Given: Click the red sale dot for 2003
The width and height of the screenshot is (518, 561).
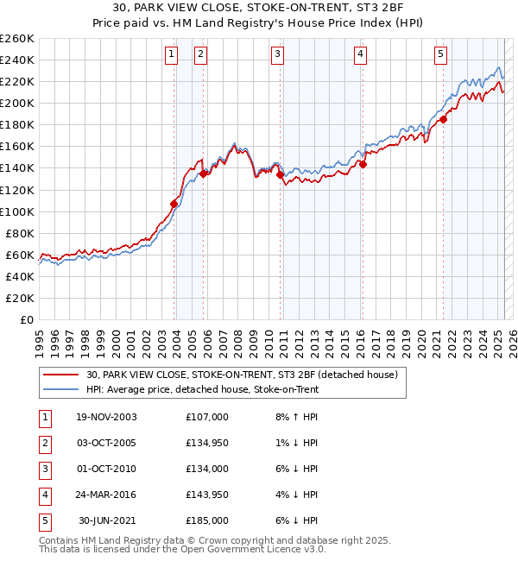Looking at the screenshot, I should [174, 204].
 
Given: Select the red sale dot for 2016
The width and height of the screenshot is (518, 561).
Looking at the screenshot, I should [363, 164].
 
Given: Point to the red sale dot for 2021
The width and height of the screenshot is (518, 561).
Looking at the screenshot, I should [444, 119].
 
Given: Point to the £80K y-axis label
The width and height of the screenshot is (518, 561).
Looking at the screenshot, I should [20, 233].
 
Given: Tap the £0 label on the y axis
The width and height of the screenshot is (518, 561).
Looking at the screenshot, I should [27, 319].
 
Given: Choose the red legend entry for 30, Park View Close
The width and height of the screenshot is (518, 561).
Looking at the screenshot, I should [241, 375].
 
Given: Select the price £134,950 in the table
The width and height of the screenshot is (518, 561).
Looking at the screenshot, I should [207, 443].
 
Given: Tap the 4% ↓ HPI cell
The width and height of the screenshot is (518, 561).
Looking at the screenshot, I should [298, 495].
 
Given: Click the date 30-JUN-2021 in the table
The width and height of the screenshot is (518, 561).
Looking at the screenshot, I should [108, 520].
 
